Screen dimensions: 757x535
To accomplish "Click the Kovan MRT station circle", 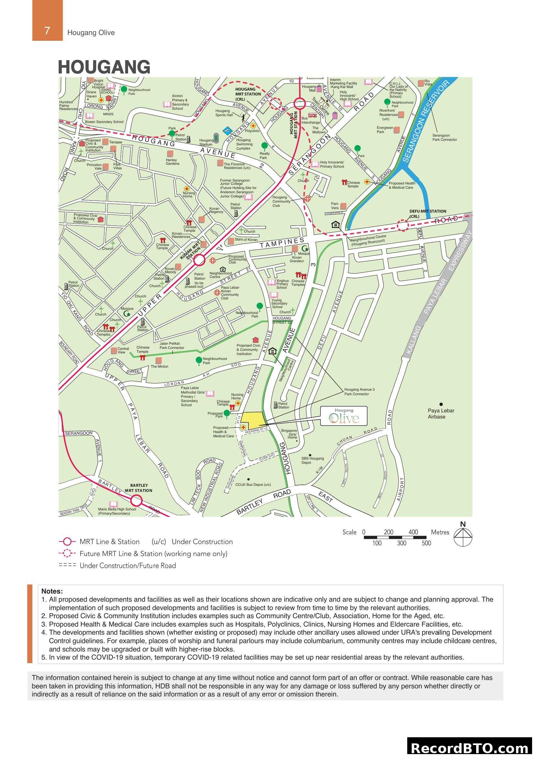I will [x=199, y=260].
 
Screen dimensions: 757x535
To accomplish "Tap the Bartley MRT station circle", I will [x=136, y=501].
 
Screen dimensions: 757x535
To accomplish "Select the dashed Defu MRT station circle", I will [x=402, y=225].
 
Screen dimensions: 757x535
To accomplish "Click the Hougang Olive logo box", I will [x=344, y=416].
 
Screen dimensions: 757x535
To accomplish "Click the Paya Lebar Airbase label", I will [x=441, y=413].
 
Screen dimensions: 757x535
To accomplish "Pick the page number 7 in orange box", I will [x=47, y=31].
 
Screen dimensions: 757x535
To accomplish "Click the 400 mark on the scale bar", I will [x=413, y=532].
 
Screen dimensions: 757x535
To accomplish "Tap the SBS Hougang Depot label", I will [x=313, y=460].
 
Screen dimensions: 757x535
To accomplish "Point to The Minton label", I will [x=159, y=366].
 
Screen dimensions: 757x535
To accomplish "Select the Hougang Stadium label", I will [x=206, y=142].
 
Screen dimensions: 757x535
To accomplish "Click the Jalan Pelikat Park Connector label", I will [x=172, y=346].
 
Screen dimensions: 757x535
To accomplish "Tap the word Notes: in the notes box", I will [x=52, y=591].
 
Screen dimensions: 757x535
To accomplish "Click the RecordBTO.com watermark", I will [x=470, y=748].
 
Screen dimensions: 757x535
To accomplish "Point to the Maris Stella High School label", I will [x=117, y=511].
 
